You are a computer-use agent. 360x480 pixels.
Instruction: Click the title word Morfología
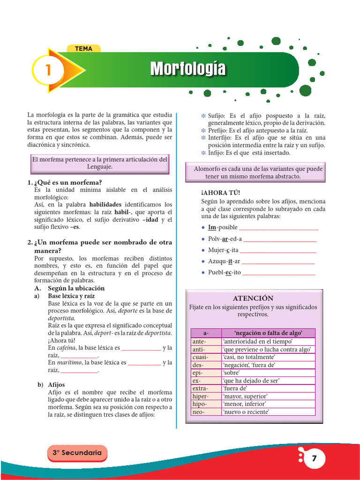coord(187,69)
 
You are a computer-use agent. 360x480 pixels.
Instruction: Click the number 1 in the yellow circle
coord(47,70)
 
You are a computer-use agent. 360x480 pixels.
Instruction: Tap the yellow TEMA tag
coord(84,49)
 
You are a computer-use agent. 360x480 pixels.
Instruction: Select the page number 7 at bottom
coord(315,458)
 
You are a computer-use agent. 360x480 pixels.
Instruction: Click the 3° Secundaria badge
coord(77,453)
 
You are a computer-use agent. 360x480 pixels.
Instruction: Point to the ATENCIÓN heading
coord(253,298)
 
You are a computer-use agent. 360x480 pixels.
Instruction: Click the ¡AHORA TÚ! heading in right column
coord(220,193)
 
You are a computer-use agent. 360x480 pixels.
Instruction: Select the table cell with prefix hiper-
coord(206,396)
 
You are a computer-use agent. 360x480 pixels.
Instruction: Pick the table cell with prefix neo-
coord(206,412)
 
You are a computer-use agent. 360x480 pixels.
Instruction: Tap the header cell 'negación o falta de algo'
coord(268,333)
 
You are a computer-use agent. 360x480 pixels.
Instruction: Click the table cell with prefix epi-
coord(206,373)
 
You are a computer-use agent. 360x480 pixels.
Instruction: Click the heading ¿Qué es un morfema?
coord(67,182)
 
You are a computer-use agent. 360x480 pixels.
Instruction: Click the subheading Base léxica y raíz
coord(71,296)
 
